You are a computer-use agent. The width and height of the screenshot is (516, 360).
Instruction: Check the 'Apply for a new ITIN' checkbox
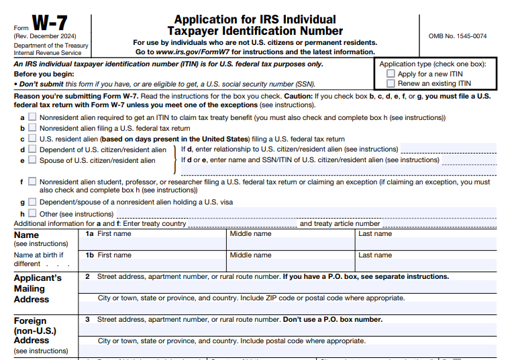(391, 74)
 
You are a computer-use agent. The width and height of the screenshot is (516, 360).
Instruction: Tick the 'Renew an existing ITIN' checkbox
(391, 84)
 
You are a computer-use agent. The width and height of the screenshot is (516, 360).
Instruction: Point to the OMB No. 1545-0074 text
(458, 36)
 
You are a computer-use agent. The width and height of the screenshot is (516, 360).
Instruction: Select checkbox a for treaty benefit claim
(32, 117)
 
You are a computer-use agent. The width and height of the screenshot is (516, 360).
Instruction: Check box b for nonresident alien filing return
(32, 128)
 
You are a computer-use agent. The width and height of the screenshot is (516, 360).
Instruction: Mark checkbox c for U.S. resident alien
(32, 139)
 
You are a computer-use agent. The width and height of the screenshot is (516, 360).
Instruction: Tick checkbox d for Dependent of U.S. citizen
(32, 149)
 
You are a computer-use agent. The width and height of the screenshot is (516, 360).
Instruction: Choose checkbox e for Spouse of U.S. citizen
(32, 160)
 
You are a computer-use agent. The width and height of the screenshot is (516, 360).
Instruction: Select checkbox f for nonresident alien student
(32, 182)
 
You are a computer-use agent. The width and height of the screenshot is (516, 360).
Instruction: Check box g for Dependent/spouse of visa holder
(32, 202)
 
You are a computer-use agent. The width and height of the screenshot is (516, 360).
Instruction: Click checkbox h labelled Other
(32, 214)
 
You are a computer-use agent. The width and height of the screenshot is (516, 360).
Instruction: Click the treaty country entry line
(242, 224)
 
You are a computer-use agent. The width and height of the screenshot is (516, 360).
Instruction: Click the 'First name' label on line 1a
(114, 234)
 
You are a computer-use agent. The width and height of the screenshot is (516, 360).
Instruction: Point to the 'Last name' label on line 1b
(375, 255)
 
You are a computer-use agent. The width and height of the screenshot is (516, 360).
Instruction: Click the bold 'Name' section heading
(26, 235)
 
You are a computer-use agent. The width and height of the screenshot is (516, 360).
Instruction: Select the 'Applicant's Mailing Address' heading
(38, 288)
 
